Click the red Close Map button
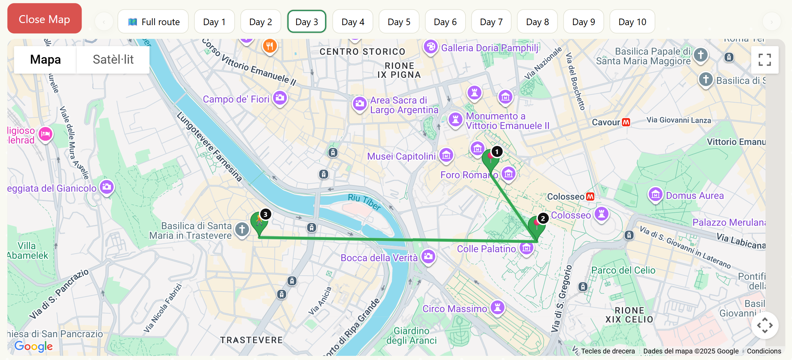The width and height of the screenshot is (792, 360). pos(44,19)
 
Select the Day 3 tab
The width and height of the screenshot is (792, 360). pos(306,22)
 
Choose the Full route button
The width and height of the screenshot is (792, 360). pos(153,22)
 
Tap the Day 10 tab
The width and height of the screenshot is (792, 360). pos(632,22)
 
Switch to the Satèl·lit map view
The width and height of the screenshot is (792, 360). pos(113,60)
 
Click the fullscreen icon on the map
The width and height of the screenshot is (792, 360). pos(764,60)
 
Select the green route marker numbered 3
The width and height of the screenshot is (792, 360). pos(259,222)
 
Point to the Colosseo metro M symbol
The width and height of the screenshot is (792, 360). pos(590,197)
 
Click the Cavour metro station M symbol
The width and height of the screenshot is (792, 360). pos(626,122)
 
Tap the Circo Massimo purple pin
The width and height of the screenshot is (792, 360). pos(498,307)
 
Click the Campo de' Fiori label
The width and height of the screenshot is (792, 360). pos(236,99)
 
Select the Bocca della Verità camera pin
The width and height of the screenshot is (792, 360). pos(428,256)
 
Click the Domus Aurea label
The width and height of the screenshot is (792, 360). pos(695,195)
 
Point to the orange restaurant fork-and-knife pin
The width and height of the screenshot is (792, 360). pos(270,46)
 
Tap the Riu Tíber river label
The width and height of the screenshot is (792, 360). pos(364,201)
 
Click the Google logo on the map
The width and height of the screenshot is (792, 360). pos(33,346)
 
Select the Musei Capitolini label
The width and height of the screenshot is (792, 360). pos(401,156)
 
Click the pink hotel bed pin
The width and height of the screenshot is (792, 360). pos(45,134)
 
